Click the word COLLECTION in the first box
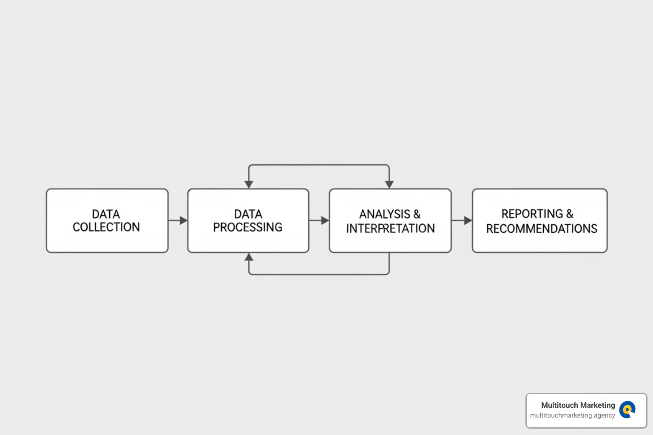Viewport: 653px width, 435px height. click(x=106, y=227)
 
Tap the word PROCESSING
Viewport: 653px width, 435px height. click(x=247, y=227)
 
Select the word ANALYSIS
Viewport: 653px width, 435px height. click(x=385, y=214)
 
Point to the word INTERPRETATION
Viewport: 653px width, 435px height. click(x=390, y=229)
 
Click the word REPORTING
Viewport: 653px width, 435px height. click(x=532, y=214)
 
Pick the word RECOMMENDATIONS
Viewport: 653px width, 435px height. click(x=542, y=229)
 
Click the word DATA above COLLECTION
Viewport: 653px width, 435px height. click(x=106, y=214)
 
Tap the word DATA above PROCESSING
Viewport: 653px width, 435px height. click(x=248, y=214)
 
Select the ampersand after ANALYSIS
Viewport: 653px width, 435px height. click(x=417, y=214)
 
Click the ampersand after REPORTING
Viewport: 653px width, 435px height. click(x=570, y=214)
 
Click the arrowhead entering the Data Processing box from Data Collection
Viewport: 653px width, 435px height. click(x=184, y=220)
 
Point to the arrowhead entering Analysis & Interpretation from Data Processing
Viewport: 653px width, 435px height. click(x=325, y=220)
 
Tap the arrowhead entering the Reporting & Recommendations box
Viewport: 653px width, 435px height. click(x=468, y=220)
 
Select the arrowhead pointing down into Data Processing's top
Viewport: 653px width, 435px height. click(x=249, y=184)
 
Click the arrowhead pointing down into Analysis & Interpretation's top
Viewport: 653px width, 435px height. click(x=389, y=184)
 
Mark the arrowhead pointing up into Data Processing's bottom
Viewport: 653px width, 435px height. click(x=249, y=257)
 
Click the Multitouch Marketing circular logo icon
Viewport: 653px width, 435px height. click(x=627, y=410)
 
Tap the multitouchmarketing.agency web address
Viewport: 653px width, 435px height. click(x=572, y=415)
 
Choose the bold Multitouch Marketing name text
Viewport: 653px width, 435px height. click(x=578, y=405)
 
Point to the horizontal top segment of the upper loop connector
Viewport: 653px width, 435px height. click(x=319, y=165)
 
